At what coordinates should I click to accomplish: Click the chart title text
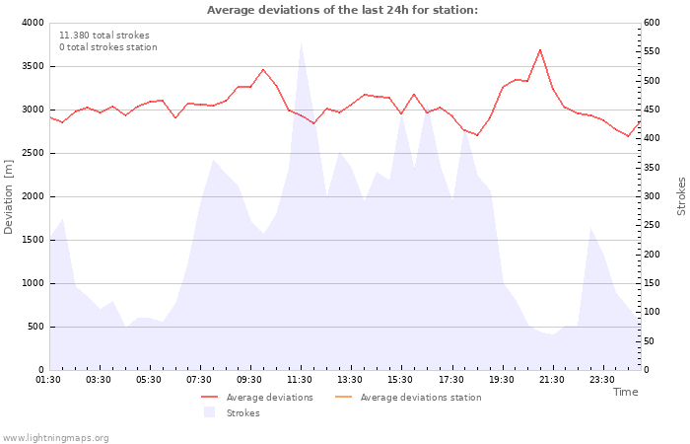342,10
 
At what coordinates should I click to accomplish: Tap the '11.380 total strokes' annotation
104,36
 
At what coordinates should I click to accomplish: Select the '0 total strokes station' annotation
108,47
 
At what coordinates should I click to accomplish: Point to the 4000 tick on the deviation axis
33,23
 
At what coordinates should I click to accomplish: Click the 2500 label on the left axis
33,153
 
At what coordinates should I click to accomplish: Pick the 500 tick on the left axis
35,327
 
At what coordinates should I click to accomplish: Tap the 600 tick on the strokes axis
652,23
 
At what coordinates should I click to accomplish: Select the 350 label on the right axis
652,168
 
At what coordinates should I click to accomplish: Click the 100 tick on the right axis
652,312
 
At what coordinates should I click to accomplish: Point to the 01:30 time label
48,380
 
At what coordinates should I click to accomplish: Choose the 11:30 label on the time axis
300,380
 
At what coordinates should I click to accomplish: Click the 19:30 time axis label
501,380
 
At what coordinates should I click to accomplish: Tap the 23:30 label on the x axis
602,380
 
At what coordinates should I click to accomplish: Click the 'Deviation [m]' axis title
8,196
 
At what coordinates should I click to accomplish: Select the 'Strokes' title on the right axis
681,196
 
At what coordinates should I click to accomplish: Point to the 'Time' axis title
625,392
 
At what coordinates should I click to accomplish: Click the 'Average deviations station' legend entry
408,398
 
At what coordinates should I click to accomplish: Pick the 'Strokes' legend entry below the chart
231,412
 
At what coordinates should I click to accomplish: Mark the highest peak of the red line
540,49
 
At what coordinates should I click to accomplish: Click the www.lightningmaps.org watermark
55,438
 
